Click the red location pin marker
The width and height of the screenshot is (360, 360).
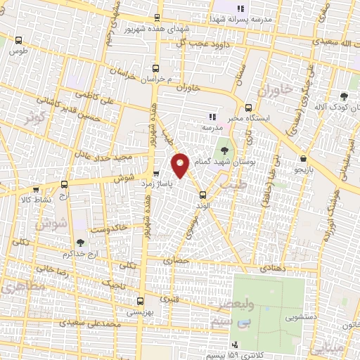tap(181, 165)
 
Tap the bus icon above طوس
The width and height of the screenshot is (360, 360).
tap(18, 41)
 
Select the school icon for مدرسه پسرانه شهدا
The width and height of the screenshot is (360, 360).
tap(240, 9)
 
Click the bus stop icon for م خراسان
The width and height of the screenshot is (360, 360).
tap(156, 69)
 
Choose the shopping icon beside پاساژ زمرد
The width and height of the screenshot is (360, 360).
tap(156, 172)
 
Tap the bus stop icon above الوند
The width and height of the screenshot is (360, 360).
tap(202, 195)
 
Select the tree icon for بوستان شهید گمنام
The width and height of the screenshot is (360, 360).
tap(224, 150)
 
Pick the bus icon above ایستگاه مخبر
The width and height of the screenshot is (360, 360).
tap(248, 108)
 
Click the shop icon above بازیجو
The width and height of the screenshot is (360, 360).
tap(302, 159)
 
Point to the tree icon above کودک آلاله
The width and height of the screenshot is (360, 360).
tap(344, 96)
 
